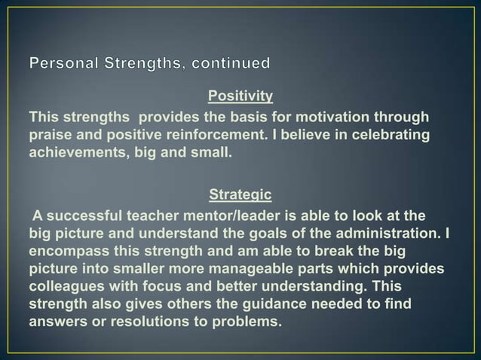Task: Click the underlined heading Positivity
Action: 240,97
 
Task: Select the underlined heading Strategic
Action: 240,194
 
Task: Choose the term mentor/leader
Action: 230,214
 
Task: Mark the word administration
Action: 394,232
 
